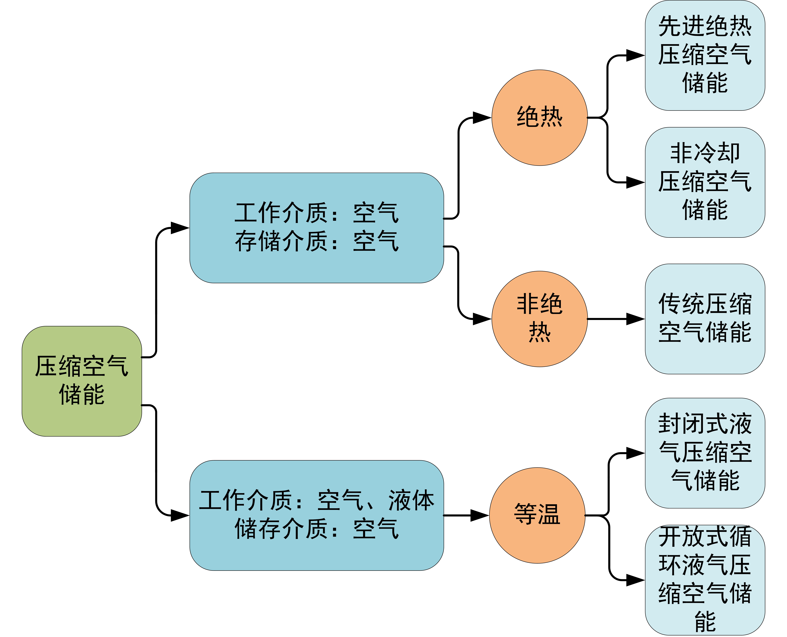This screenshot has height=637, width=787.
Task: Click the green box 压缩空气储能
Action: (81, 381)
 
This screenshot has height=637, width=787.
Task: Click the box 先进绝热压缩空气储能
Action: (705, 55)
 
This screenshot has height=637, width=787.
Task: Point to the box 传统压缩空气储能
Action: (705, 318)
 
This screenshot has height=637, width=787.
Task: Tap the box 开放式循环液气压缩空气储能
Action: (705, 580)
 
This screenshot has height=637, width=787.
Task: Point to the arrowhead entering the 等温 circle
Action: (479, 515)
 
